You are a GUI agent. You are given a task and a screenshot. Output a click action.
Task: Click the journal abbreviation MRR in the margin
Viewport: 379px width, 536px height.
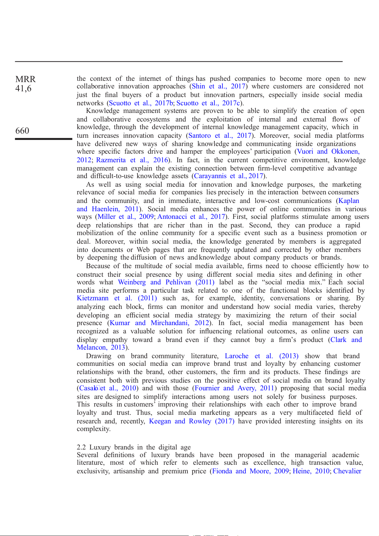click(x=25, y=79)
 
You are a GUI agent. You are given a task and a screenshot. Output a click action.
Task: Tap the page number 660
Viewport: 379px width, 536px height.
click(x=22, y=131)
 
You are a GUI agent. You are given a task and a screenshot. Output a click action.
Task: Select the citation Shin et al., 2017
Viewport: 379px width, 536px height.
click(x=218, y=86)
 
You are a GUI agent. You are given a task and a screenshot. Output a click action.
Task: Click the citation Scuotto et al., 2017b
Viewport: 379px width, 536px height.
click(x=141, y=103)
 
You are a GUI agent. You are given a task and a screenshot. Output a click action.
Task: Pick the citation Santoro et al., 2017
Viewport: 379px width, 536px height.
click(x=220, y=136)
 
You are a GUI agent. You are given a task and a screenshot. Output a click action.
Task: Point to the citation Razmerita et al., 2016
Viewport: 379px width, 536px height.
click(x=132, y=160)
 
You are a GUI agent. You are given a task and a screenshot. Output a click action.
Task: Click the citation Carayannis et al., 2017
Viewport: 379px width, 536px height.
click(x=228, y=176)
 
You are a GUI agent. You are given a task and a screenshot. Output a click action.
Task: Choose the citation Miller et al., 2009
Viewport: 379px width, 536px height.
click(x=126, y=217)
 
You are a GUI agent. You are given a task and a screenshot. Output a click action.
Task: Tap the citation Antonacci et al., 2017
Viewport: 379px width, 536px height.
click(x=191, y=217)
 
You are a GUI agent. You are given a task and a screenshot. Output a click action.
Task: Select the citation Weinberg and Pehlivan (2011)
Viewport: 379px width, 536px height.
click(x=166, y=282)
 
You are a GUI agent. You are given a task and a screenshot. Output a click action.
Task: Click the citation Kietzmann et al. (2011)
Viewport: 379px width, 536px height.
click(x=117, y=298)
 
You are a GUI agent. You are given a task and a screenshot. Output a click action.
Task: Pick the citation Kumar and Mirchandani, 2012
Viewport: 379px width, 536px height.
click(x=159, y=323)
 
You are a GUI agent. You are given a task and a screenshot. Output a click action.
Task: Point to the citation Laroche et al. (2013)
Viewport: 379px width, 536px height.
click(x=262, y=356)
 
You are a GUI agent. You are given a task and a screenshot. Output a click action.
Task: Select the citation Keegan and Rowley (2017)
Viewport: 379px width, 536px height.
click(x=192, y=421)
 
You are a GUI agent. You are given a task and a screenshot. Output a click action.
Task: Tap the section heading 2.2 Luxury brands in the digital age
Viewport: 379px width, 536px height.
click(x=134, y=447)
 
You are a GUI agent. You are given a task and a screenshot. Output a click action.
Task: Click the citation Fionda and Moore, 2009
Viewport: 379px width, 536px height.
click(x=250, y=471)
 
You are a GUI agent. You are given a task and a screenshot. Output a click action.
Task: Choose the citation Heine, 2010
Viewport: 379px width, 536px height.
click(x=311, y=471)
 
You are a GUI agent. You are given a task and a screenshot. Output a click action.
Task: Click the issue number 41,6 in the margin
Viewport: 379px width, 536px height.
click(x=23, y=88)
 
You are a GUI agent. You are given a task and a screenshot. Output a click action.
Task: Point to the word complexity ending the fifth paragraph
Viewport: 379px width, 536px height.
click(x=94, y=429)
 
